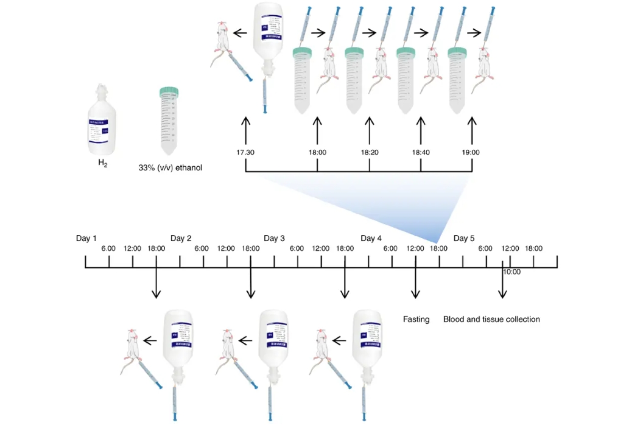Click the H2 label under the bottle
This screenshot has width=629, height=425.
(x=103, y=163)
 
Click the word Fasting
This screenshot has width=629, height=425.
(x=416, y=319)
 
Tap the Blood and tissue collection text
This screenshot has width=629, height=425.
(x=491, y=319)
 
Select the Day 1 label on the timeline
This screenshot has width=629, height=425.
(x=86, y=238)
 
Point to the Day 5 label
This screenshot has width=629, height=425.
(x=464, y=238)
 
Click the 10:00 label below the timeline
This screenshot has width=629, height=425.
(x=512, y=272)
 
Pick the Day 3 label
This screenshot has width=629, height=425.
(x=274, y=238)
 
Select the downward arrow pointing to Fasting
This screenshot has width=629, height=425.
(x=416, y=283)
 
